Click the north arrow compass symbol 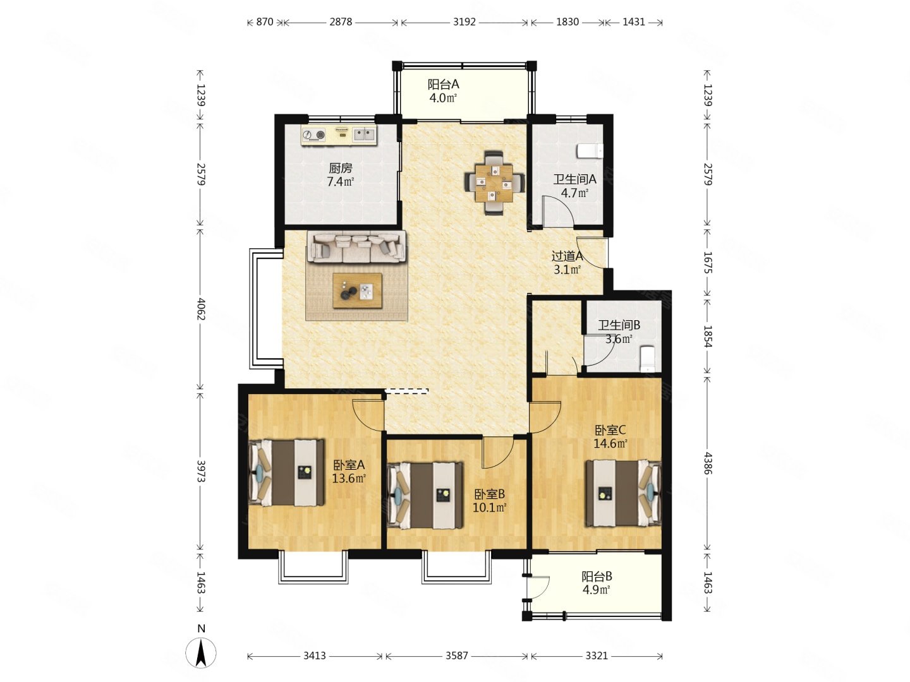pos(201,653)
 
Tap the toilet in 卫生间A pos(590,151)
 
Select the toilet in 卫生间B pos(646,358)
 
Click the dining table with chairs pos(494,182)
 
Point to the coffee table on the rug pos(357,290)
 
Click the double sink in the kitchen pos(363,134)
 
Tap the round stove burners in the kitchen pos(314,135)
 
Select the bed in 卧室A pos(286,472)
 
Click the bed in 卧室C pos(622,493)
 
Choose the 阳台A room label pos(443,85)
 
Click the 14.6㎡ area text pos(610,444)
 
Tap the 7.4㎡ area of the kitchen pos(341,181)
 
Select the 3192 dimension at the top pos(464,21)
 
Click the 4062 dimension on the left pos(201,308)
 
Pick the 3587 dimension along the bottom pos(456,655)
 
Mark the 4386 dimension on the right pos(707,463)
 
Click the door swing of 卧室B pos(497,452)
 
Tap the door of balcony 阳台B pos(538,587)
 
